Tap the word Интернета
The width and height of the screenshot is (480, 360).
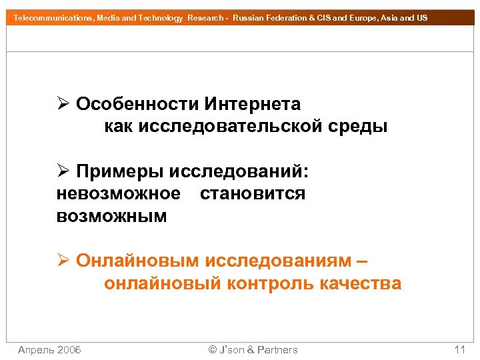coord(253,105)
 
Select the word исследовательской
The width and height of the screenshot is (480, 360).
coord(231,126)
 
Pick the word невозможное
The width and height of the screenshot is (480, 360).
coord(119,194)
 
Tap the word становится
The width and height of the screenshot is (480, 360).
coord(253,194)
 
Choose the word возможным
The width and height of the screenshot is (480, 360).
coord(112,217)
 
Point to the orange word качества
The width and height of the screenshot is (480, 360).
coord(361,283)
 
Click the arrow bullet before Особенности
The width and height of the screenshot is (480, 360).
coord(63,105)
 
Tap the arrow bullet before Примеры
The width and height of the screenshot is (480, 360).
coord(63,172)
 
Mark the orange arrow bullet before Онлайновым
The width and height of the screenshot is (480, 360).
coord(63,261)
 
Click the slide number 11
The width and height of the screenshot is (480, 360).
coord(459,350)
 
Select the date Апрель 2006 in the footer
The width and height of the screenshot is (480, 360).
coord(49,350)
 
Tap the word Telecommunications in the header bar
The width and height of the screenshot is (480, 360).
coord(53,18)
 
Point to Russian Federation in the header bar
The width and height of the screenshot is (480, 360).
coord(269,18)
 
